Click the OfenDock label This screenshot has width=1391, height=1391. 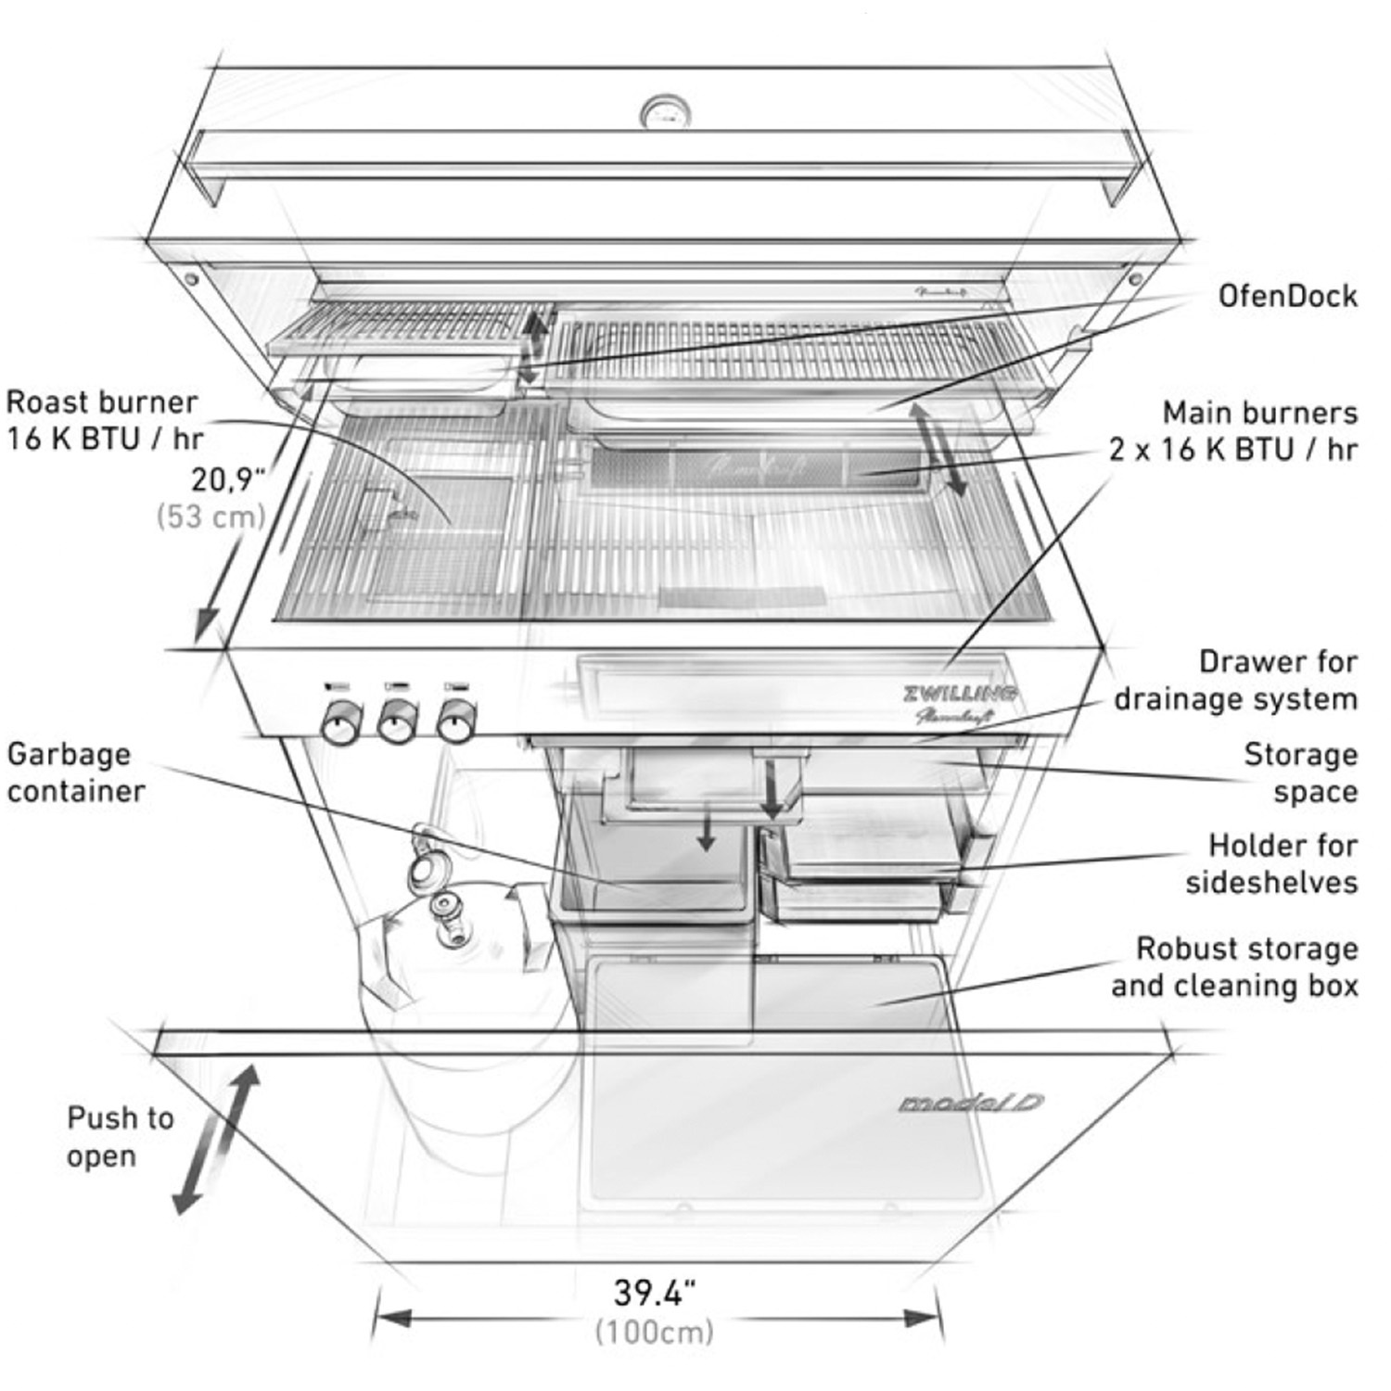coord(1287,297)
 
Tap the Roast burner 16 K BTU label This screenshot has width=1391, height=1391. coord(103,420)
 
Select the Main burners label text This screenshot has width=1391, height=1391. coord(1232,431)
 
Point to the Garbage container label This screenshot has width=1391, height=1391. coord(75,772)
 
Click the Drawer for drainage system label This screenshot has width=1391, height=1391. coord(1235,681)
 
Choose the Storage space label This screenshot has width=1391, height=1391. coord(1300,772)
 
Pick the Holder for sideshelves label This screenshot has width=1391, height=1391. coord(1271,863)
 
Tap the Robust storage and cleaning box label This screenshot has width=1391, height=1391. coord(1235,967)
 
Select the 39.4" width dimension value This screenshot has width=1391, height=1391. coord(655,1292)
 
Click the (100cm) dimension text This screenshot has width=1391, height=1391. coord(655,1332)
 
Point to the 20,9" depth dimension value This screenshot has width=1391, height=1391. coord(228,479)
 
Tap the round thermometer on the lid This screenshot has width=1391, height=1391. coord(665,113)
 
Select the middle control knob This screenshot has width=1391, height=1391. coord(398,721)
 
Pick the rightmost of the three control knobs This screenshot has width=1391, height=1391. coord(455,720)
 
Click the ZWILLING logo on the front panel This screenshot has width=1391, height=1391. coord(959,694)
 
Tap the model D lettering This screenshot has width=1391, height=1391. coord(970,1104)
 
